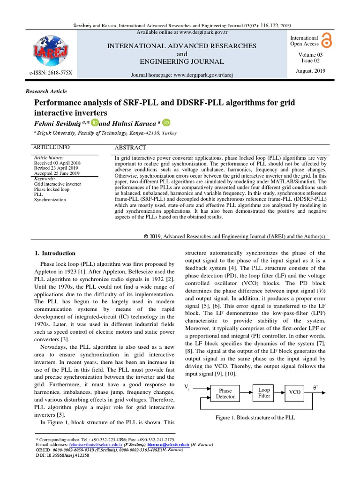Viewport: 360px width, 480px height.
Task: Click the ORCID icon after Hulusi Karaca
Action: [x=167, y=122]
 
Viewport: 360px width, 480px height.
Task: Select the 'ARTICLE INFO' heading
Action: [x=52, y=147]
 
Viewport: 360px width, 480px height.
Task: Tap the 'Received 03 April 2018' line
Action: [x=58, y=163]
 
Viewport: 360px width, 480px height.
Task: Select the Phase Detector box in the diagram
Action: [x=225, y=393]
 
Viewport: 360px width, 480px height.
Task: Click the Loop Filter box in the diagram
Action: [x=264, y=392]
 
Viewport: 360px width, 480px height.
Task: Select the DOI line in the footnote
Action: [x=63, y=455]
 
